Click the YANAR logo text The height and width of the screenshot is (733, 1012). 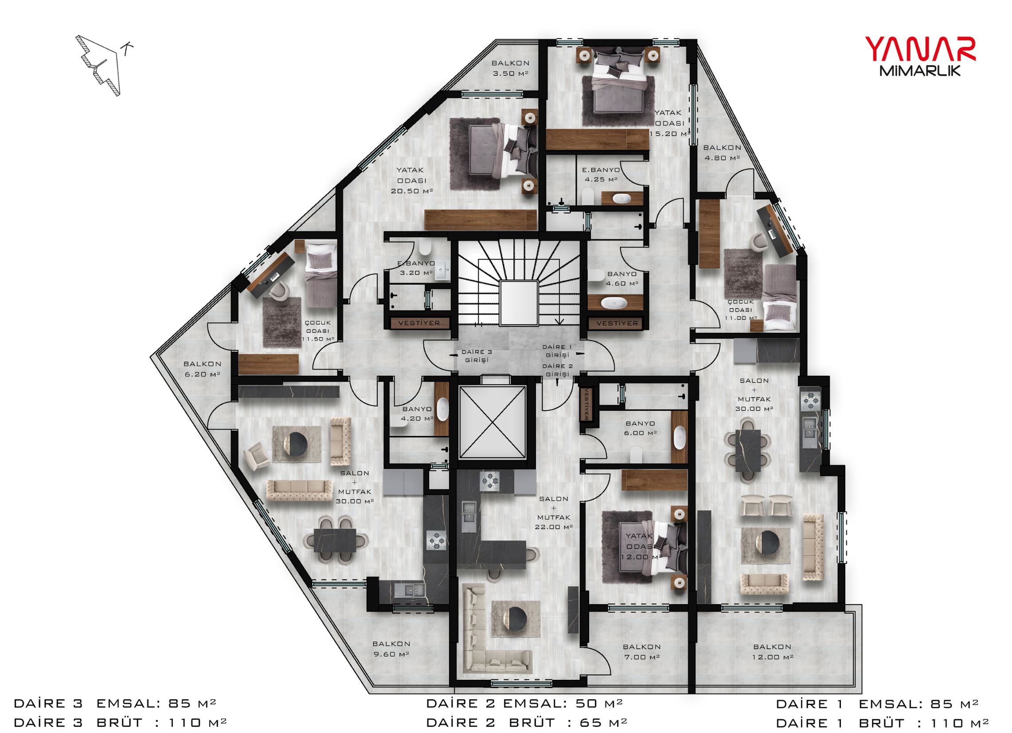[921, 50]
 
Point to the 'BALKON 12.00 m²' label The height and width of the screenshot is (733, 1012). [773, 652]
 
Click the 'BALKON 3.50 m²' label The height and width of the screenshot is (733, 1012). [511, 68]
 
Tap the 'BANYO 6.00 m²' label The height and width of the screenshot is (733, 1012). [640, 428]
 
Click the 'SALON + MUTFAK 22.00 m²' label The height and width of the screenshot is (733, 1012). [554, 513]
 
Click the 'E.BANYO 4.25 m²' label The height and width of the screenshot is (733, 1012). [601, 175]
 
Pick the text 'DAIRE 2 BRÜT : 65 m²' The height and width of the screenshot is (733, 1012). [527, 722]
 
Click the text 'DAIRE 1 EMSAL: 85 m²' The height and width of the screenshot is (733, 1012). [877, 704]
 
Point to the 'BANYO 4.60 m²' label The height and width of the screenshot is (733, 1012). [622, 278]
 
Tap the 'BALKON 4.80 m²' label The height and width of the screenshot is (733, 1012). [722, 152]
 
